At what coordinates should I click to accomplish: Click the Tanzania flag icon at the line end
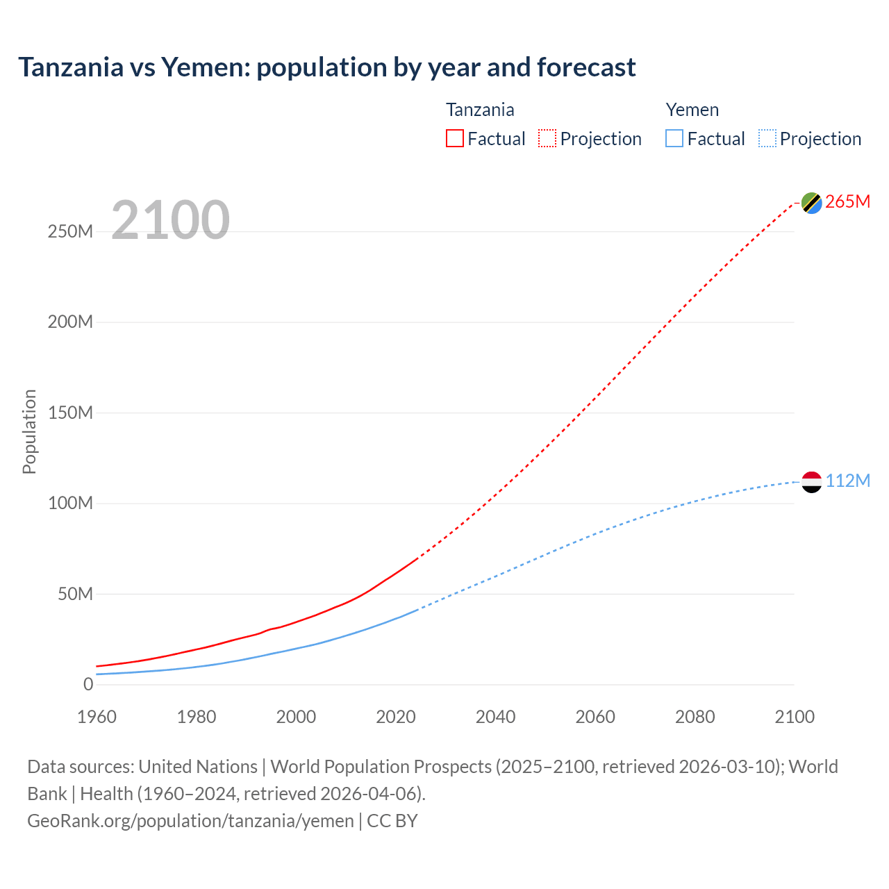[x=811, y=203]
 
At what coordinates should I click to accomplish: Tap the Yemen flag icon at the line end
[x=811, y=481]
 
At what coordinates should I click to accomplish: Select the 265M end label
[x=847, y=201]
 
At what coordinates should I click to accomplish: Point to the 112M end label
[x=847, y=481]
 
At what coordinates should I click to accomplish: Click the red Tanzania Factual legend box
[x=454, y=138]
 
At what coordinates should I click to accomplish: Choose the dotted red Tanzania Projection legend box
[x=547, y=138]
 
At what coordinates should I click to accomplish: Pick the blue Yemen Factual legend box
[x=674, y=138]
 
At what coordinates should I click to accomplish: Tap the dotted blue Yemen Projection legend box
[x=767, y=138]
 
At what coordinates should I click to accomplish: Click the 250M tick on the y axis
[x=70, y=231]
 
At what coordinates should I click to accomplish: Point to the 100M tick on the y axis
[x=70, y=503]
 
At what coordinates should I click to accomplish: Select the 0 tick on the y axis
[x=88, y=684]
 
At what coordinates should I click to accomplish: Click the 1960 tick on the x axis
[x=97, y=717]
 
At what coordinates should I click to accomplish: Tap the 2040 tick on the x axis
[x=495, y=717]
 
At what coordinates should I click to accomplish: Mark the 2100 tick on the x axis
[x=795, y=717]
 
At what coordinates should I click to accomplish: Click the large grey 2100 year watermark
[x=170, y=220]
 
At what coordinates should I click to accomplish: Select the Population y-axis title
[x=29, y=431]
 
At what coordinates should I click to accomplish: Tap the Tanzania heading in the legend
[x=480, y=110]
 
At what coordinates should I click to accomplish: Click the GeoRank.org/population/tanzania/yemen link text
[x=190, y=820]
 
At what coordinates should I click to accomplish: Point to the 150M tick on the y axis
[x=70, y=413]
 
